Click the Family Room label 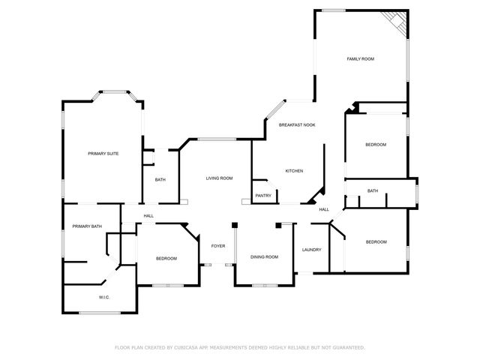point(360,58)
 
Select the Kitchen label point(294,171)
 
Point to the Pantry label point(263,196)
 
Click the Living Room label point(220,178)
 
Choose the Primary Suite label point(103,153)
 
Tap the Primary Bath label point(86,226)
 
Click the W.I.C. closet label point(105,297)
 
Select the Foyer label point(218,245)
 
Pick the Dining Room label point(264,257)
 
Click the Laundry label point(312,250)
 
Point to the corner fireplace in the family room point(394,22)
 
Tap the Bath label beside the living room point(160,180)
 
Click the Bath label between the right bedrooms point(373,191)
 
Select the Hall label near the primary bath point(148,216)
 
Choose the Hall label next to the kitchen point(324,209)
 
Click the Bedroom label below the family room point(376,145)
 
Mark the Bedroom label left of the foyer point(166,259)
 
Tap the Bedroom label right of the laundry point(376,241)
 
